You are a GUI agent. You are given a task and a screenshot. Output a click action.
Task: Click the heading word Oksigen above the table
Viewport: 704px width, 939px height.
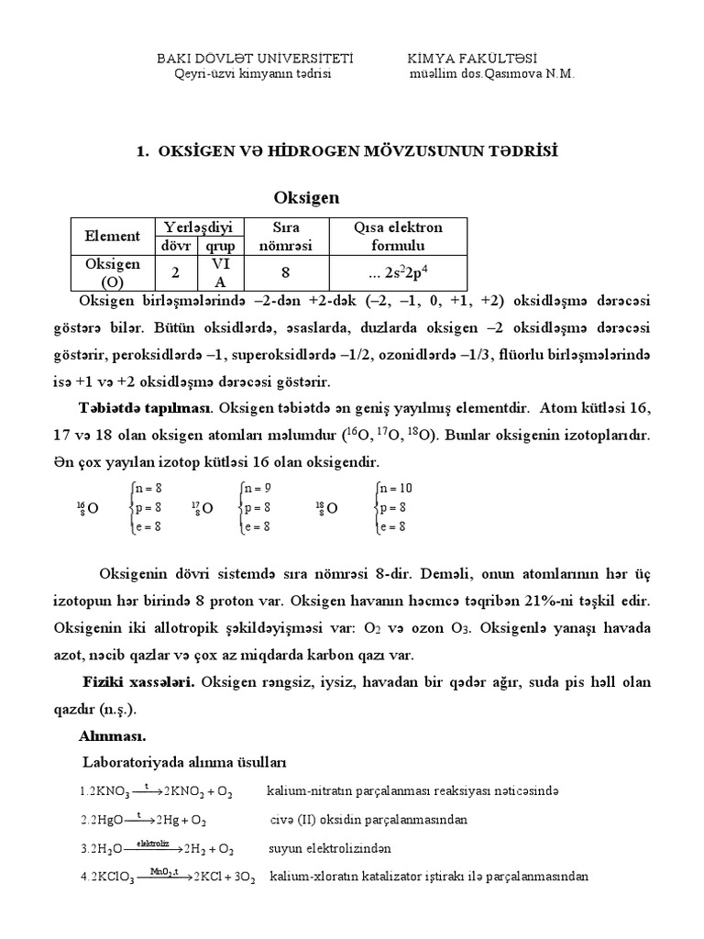click(307, 197)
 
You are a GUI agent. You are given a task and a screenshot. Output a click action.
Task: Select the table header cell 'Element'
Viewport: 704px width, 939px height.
click(112, 237)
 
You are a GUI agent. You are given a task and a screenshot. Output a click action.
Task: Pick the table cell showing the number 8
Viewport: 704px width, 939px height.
click(287, 272)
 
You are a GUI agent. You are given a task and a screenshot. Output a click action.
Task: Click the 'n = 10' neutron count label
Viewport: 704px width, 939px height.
click(395, 489)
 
